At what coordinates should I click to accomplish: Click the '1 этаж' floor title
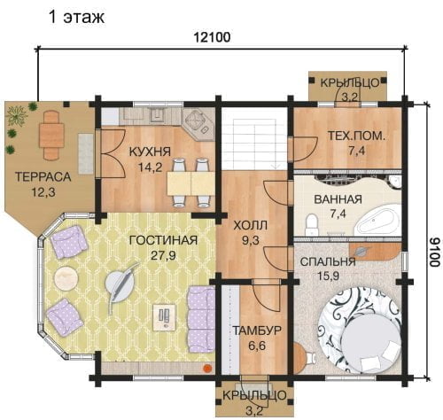click(x=76, y=17)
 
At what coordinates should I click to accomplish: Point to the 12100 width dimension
click(x=212, y=37)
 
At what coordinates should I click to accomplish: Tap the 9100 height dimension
click(x=433, y=252)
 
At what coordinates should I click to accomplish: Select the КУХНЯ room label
click(x=150, y=152)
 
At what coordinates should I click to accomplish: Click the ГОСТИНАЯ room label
click(x=164, y=240)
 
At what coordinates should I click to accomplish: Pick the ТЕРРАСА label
click(x=43, y=177)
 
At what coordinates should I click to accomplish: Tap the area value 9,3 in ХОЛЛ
click(x=251, y=240)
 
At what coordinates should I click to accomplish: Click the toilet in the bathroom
click(x=311, y=224)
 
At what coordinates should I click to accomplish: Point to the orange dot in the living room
click(x=207, y=368)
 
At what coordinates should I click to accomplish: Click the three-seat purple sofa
click(x=201, y=319)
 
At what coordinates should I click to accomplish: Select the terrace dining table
click(x=51, y=135)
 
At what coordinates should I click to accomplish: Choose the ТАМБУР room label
click(x=257, y=331)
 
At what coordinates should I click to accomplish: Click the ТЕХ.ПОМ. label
click(x=356, y=136)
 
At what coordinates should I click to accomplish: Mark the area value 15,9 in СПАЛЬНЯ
click(x=328, y=276)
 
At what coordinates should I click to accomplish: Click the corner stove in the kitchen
click(x=198, y=121)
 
